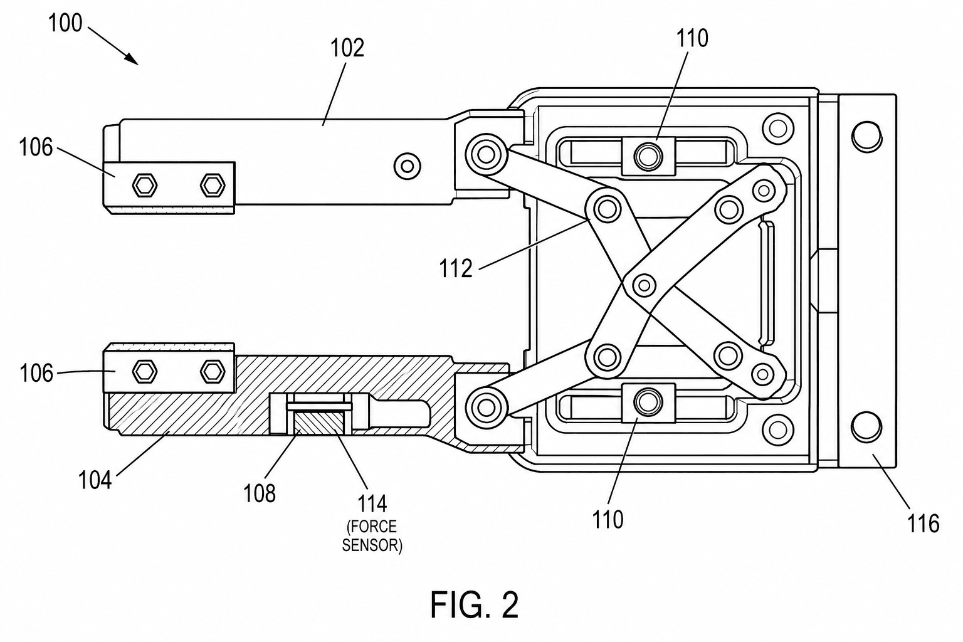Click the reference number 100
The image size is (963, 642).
(x=65, y=23)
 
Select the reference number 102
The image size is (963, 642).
(x=347, y=48)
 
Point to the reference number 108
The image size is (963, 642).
(x=259, y=493)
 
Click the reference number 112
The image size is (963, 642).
(x=456, y=269)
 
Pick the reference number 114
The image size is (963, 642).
(x=372, y=503)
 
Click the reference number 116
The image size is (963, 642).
(x=923, y=524)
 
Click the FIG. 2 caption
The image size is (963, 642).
(x=475, y=605)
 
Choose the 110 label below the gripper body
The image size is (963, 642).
(x=608, y=520)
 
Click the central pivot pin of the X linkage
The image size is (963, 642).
(x=644, y=285)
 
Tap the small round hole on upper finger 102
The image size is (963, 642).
(x=408, y=166)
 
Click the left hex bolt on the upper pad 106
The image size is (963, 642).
(x=144, y=186)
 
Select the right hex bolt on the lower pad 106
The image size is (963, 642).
(x=213, y=371)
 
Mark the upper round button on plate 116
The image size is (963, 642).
(x=866, y=136)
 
